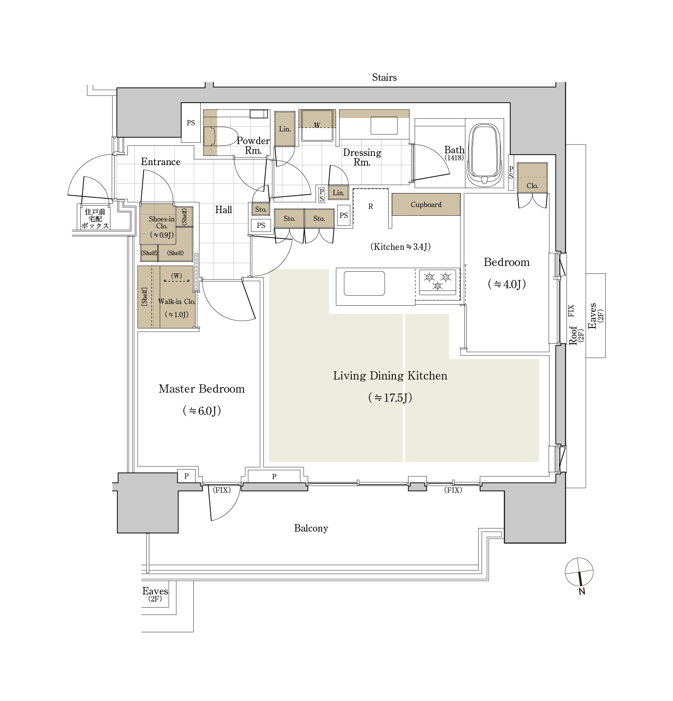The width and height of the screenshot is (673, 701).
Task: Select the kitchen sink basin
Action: tap(364, 283)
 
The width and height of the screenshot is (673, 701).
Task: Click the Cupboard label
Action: tap(426, 204)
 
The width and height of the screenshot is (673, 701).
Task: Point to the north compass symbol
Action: tap(579, 572)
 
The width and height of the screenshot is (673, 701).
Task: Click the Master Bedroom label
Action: tap(202, 389)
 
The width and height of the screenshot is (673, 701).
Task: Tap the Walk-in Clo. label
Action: tap(176, 301)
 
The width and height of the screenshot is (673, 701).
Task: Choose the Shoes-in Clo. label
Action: tap(161, 222)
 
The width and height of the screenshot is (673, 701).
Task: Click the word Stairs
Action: tap(384, 77)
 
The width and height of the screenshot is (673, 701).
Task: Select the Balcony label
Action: tap(311, 528)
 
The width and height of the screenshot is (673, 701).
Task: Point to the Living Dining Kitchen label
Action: tap(390, 376)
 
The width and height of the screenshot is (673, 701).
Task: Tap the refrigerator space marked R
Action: tap(371, 207)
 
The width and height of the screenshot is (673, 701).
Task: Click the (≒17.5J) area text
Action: tap(390, 397)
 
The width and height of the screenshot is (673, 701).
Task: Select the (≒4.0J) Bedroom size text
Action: tap(506, 284)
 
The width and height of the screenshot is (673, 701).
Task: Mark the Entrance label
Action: tap(161, 162)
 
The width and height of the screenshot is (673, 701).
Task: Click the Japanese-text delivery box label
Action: tap(95, 219)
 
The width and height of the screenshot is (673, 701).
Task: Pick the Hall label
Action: tap(223, 210)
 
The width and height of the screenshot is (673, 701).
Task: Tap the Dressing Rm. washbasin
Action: tap(384, 126)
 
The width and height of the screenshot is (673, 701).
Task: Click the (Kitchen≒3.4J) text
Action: tap(400, 247)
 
